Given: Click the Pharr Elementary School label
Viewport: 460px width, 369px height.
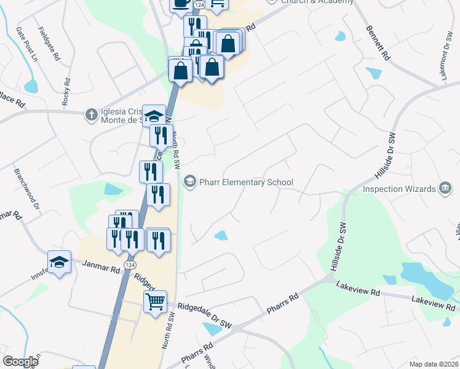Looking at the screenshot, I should (x=245, y=182).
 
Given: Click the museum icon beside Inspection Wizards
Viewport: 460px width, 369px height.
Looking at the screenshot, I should (x=445, y=188).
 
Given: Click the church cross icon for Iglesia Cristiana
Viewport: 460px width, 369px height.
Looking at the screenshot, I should (x=90, y=114).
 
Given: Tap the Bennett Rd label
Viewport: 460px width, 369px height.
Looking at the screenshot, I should (x=378, y=42).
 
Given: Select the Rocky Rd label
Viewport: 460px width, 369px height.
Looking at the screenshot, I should (x=66, y=92).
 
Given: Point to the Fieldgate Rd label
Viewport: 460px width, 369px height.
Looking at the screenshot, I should (x=49, y=44).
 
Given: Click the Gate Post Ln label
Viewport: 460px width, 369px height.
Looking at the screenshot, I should (x=27, y=44).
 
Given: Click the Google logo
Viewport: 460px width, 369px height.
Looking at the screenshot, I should (x=20, y=361).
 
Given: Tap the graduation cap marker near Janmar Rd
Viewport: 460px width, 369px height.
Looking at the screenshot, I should (x=59, y=263).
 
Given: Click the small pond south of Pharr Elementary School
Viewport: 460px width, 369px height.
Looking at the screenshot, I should (x=220, y=235).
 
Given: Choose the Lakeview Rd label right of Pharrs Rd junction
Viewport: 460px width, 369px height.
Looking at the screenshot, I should (x=357, y=289).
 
